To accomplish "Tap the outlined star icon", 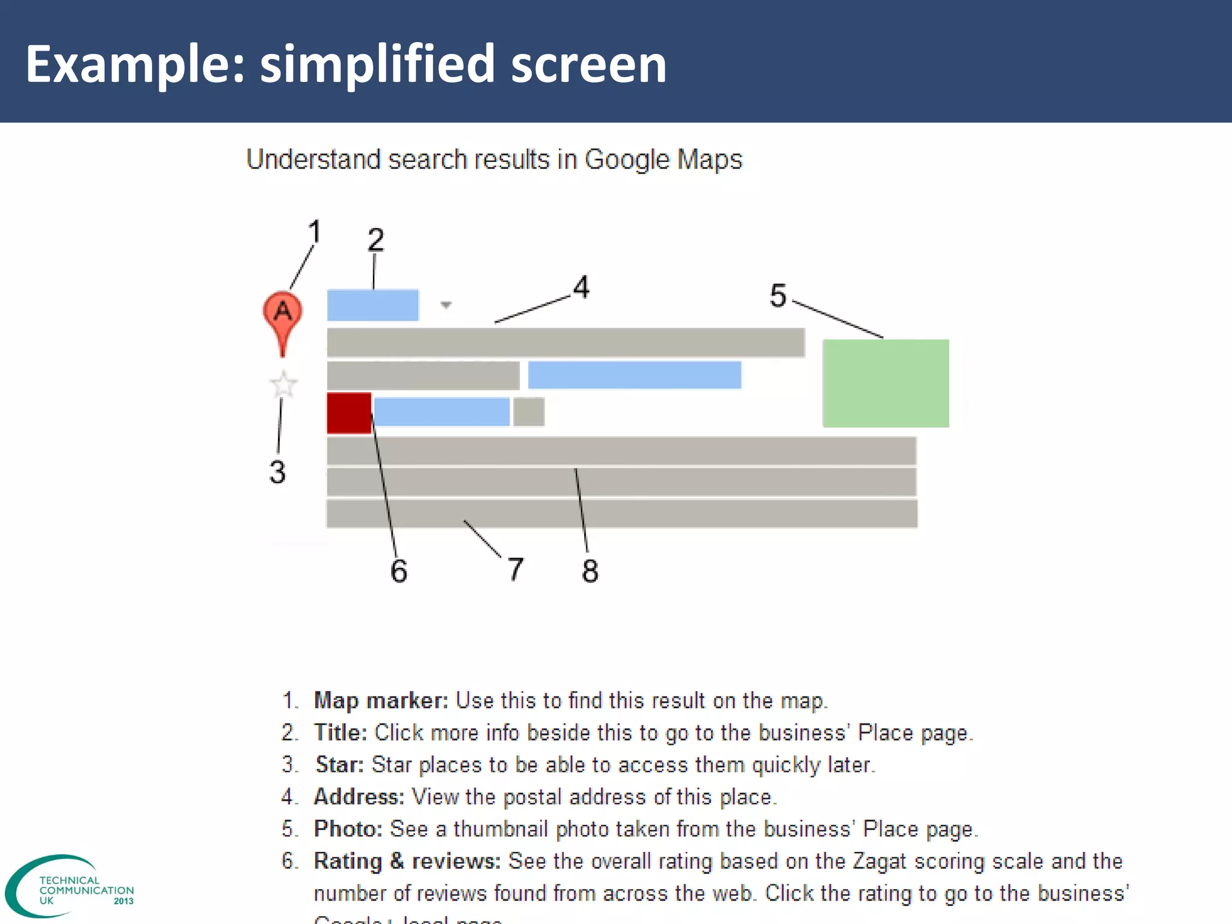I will click(283, 385).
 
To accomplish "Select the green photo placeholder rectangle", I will click(885, 383).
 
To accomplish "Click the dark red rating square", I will click(349, 413).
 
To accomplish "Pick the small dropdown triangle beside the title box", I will click(446, 305).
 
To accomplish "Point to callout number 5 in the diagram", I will click(778, 296).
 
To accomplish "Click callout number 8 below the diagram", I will click(590, 570).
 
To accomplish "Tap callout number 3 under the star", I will click(277, 472).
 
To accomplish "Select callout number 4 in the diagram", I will click(581, 287).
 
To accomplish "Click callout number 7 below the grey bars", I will click(516, 569).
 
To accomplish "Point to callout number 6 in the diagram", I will click(399, 570).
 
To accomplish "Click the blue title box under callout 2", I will click(373, 305).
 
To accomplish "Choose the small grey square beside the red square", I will click(529, 412).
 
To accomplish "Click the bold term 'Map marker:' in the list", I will click(381, 701).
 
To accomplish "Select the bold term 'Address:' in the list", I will click(359, 797).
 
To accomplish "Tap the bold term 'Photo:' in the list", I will click(348, 829).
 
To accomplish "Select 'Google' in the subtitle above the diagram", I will click(627, 160).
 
